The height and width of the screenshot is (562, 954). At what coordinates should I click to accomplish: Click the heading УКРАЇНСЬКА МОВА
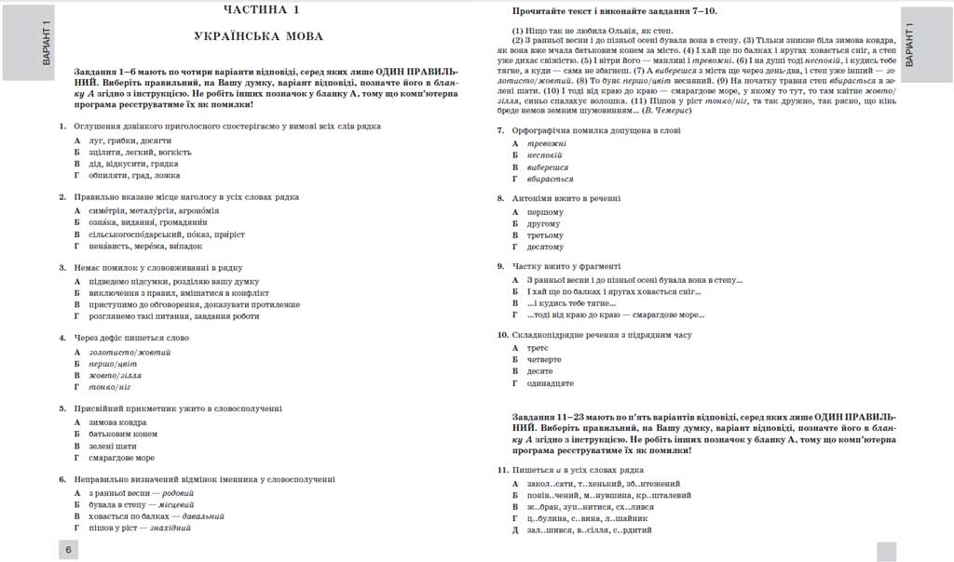263,36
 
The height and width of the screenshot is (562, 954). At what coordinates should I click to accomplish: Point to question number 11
502,471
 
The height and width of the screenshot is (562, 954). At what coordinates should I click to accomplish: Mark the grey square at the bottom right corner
886,551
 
